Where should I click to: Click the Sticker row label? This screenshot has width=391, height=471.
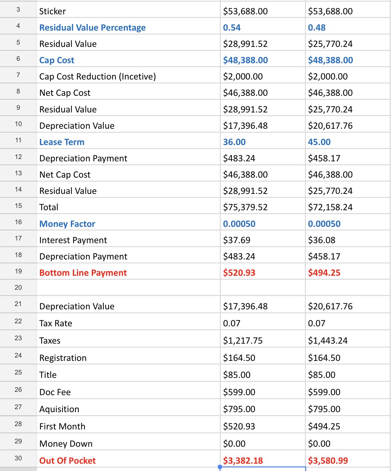(53, 11)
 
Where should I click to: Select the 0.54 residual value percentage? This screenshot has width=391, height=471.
(232, 28)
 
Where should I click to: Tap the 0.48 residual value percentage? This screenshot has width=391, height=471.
(317, 28)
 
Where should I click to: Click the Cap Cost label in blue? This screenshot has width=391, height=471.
(57, 60)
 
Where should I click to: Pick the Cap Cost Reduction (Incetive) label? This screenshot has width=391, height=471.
(98, 77)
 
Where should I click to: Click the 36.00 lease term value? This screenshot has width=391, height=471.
(234, 142)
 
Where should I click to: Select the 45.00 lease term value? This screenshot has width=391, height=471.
(319, 142)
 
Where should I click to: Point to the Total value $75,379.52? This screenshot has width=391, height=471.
(245, 207)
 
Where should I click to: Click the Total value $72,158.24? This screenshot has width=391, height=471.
(330, 207)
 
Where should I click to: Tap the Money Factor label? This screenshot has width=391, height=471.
(67, 224)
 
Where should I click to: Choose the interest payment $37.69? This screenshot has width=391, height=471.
(237, 240)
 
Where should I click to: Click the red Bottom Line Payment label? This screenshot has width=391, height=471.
(83, 273)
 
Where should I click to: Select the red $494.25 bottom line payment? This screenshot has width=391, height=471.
(324, 273)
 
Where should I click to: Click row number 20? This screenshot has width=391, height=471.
(18, 288)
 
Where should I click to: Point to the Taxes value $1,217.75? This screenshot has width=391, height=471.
(243, 341)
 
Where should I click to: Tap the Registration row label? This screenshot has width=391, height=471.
(63, 358)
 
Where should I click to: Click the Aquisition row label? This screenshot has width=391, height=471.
(59, 409)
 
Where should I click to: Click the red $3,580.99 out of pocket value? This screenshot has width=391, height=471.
(328, 461)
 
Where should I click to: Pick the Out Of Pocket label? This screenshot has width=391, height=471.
(67, 461)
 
